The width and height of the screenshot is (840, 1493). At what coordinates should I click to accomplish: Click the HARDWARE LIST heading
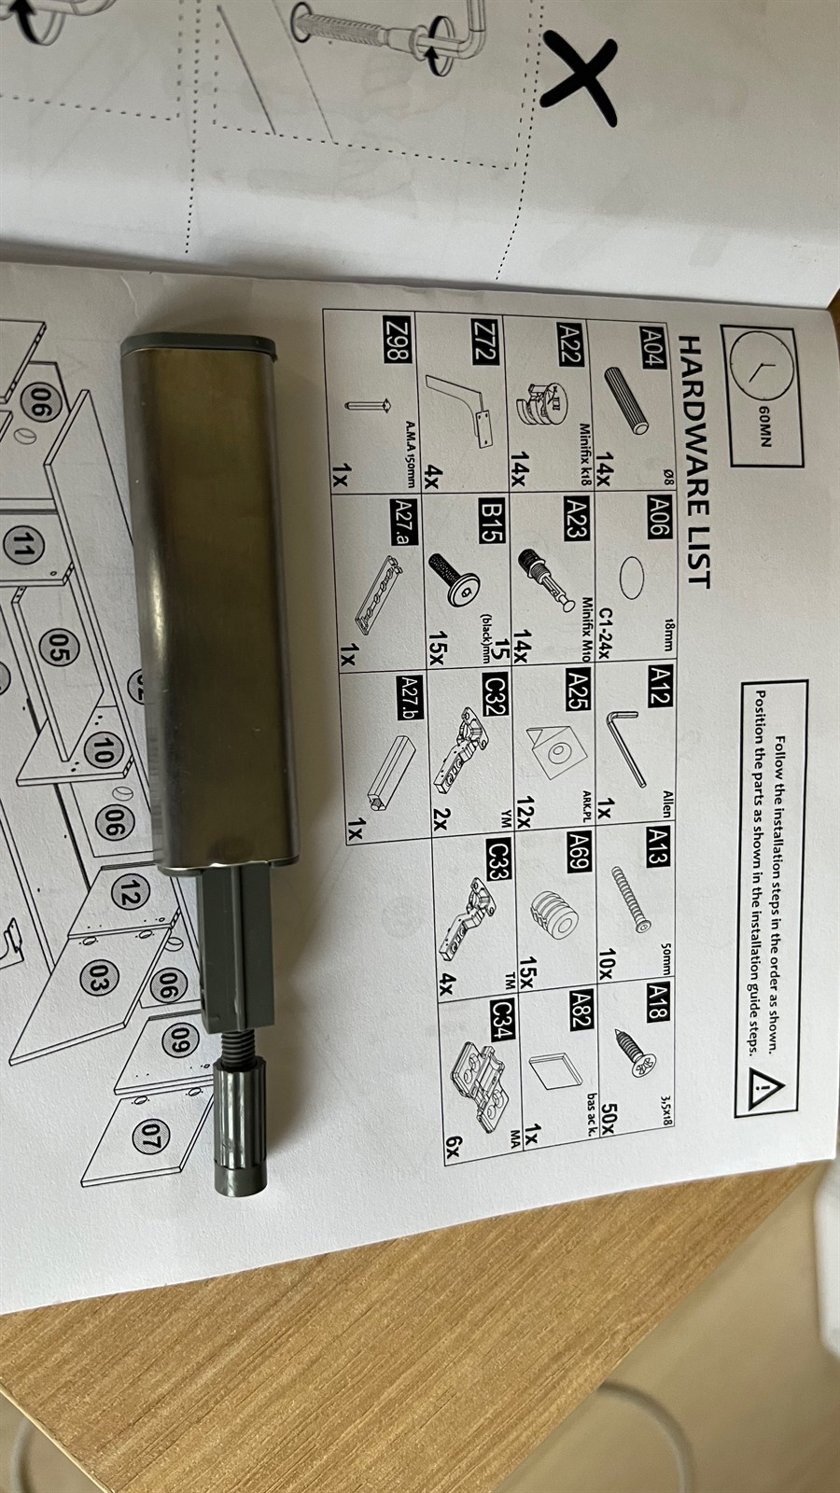[x=695, y=463]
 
